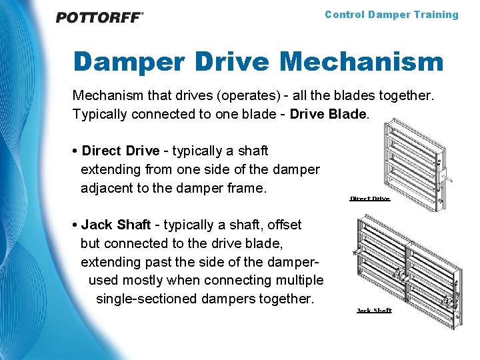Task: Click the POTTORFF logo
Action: tap(99, 17)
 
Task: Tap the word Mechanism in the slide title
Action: tap(361, 62)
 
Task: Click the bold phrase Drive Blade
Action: tap(328, 114)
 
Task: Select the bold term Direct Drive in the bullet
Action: tap(121, 151)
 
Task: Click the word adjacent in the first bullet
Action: tap(108, 189)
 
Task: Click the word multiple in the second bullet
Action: tap(299, 280)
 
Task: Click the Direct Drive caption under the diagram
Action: tap(370, 199)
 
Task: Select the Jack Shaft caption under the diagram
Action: tap(374, 311)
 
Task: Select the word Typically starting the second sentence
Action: tap(101, 114)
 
